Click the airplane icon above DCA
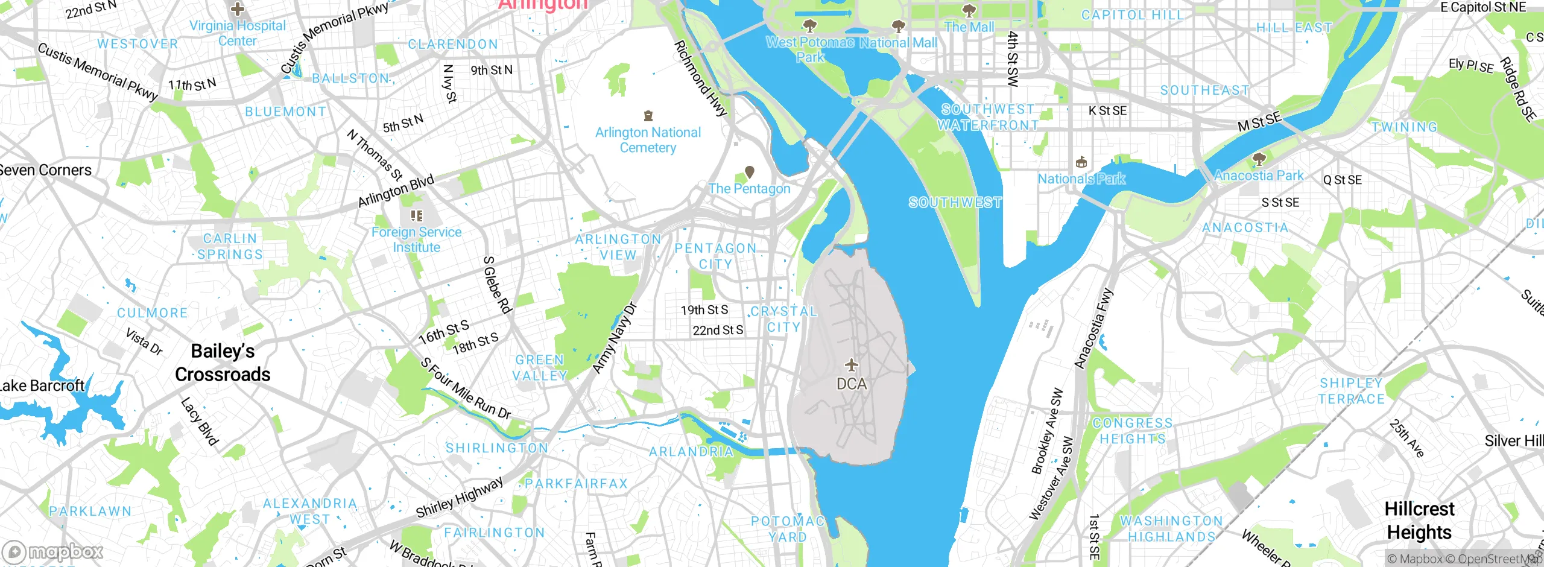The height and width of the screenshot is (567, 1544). (851, 365)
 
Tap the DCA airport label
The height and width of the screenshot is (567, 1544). (851, 384)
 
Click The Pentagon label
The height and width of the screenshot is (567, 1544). (749, 189)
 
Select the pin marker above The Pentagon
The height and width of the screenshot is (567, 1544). (750, 173)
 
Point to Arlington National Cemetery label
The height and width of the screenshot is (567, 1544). (648, 140)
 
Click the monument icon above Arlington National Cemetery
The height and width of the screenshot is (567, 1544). (648, 115)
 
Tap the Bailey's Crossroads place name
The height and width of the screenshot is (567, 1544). (223, 363)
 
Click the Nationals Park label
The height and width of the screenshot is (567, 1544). (1081, 179)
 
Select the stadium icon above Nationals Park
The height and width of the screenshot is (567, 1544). (1081, 162)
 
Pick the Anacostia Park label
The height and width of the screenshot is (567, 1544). (1259, 176)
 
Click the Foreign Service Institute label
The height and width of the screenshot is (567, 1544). (416, 239)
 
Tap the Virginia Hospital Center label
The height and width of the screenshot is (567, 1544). (238, 33)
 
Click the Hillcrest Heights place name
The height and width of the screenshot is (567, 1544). (1419, 521)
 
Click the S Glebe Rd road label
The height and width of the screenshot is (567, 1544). (498, 285)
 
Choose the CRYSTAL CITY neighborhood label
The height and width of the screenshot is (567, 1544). (783, 319)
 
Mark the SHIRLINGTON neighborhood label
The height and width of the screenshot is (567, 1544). (497, 448)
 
